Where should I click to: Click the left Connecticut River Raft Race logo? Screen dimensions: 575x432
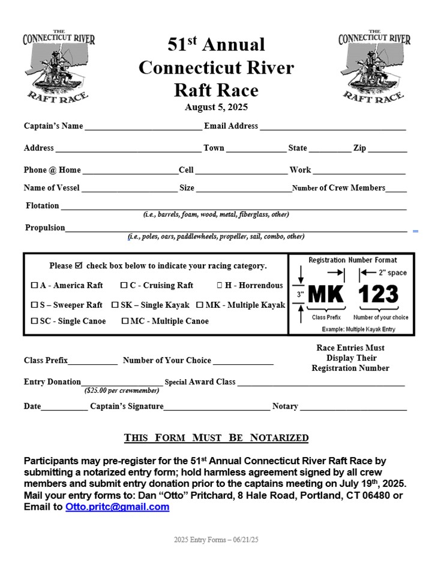(58, 66)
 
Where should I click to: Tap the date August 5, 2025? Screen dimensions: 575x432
(216, 108)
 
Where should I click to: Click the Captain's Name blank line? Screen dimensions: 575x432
(143, 128)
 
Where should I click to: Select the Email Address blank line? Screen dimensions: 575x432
(332, 128)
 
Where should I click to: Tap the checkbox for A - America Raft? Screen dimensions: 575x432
(35, 286)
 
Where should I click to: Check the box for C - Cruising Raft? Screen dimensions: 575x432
(124, 286)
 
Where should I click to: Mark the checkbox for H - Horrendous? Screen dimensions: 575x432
(220, 286)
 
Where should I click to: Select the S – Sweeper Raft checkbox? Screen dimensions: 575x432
(35, 305)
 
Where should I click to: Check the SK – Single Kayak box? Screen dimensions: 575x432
(115, 305)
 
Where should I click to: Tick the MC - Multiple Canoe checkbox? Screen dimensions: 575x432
(125, 322)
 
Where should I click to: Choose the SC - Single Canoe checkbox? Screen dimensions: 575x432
(35, 322)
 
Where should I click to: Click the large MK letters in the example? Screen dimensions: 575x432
(326, 295)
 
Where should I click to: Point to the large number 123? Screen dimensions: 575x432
(379, 295)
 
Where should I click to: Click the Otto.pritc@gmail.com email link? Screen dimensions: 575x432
(117, 507)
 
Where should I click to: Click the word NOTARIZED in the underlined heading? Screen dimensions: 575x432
(279, 438)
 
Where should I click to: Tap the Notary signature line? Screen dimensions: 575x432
(353, 408)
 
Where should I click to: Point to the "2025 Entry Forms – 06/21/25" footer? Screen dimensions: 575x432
(216, 540)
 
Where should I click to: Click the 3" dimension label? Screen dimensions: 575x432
(301, 294)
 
